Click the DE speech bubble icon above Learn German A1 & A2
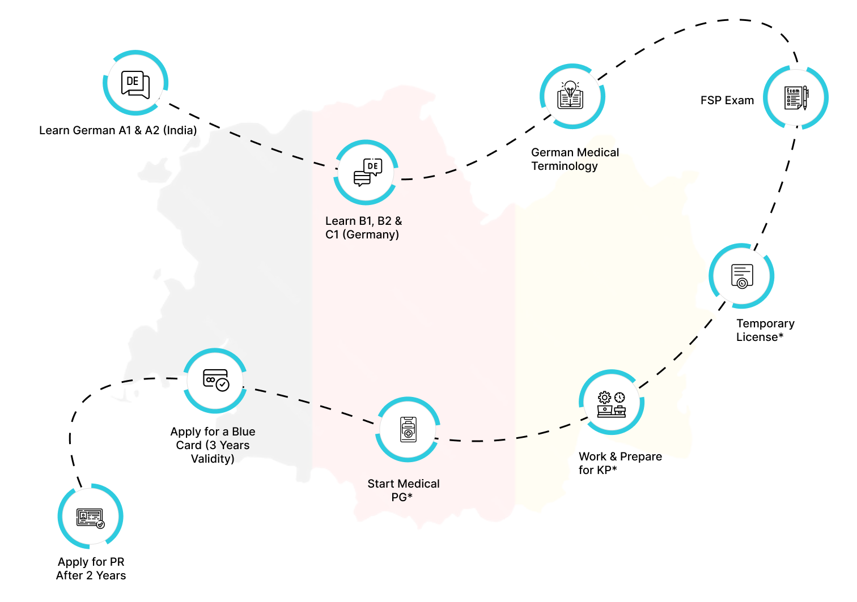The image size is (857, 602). click(135, 84)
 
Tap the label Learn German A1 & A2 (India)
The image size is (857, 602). click(118, 130)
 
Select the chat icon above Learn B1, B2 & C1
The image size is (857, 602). click(367, 172)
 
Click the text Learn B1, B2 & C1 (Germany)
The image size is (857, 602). click(363, 228)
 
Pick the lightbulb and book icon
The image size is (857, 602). click(571, 96)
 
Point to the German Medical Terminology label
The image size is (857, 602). click(574, 159)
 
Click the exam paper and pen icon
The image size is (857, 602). click(796, 98)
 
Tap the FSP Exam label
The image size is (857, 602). click(727, 100)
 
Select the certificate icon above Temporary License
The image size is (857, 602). click(741, 276)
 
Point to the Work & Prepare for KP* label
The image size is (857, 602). click(620, 463)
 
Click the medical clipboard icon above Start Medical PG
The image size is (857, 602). click(408, 429)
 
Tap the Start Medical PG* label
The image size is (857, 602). click(403, 490)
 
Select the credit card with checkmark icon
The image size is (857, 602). click(215, 380)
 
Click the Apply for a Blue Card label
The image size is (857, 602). click(213, 445)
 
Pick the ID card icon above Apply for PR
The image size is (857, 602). click(91, 517)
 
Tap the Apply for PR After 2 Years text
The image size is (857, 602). click(91, 569)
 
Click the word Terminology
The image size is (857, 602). click(564, 166)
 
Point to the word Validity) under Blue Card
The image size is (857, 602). click(213, 459)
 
